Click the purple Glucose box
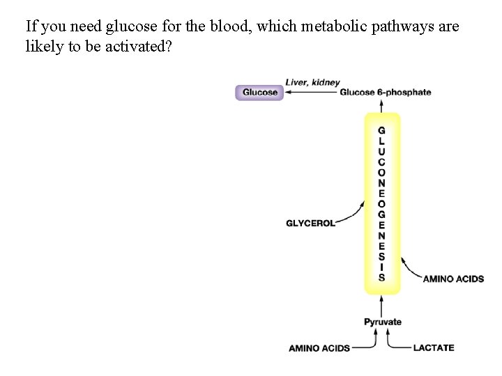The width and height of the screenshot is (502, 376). [259, 93]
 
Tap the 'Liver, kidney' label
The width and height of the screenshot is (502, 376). [312, 83]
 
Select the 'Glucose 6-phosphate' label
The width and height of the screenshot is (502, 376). [385, 93]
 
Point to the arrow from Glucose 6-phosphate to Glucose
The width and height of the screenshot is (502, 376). [311, 93]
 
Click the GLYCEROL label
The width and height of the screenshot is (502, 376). [310, 224]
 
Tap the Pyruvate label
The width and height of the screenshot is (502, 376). [383, 322]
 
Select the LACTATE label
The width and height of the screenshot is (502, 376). [433, 347]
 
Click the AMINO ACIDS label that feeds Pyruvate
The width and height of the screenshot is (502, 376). [319, 348]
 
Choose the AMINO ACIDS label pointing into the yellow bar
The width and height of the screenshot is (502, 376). [453, 279]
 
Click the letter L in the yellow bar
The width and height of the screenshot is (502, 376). [381, 141]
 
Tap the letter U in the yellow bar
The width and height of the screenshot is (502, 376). [381, 150]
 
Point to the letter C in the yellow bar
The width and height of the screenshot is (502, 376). [381, 161]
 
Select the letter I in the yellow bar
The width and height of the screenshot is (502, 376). [381, 267]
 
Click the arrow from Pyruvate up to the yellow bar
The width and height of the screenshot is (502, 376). [381, 305]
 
